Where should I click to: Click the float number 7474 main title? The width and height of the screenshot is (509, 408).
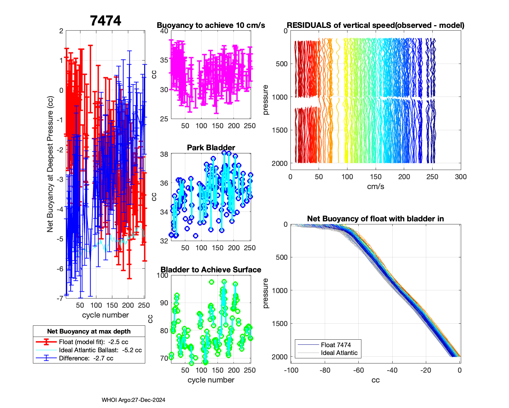[x=106, y=21]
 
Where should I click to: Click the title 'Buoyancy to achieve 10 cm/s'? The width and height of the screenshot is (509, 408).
[x=211, y=26]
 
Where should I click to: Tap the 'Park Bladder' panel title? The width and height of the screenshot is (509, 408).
[x=211, y=148]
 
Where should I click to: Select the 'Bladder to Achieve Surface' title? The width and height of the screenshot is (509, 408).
[x=211, y=270]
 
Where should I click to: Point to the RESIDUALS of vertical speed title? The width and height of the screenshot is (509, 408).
[x=375, y=26]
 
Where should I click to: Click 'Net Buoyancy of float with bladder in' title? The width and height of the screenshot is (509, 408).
[x=375, y=219]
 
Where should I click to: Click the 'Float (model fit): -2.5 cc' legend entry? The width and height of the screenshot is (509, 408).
[x=93, y=342]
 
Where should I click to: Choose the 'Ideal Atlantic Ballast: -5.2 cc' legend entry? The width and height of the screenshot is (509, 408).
[x=100, y=350]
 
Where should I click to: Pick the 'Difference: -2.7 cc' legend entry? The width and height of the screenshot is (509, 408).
[x=86, y=358]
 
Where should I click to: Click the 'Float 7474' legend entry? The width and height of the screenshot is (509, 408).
[x=336, y=345]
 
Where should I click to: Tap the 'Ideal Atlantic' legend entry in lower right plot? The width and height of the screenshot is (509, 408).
[x=339, y=353]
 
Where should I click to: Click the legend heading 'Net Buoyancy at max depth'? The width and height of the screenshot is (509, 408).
[x=89, y=331]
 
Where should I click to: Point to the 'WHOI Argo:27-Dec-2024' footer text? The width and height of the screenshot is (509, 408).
[x=133, y=400]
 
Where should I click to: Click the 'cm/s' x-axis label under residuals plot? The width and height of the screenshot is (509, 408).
[x=375, y=187]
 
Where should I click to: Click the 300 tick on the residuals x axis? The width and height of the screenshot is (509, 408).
[x=460, y=177]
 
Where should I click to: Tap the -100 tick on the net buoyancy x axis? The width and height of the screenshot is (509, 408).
[x=291, y=370]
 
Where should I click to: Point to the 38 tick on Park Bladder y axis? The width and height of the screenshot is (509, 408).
[x=164, y=154]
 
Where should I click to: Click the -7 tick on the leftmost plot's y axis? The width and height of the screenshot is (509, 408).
[x=61, y=299]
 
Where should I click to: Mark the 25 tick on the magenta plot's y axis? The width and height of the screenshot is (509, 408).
[x=164, y=119]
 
